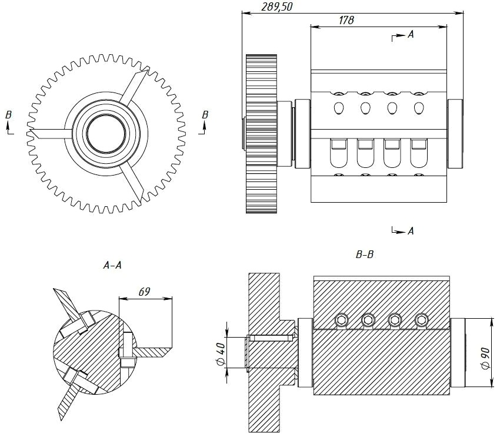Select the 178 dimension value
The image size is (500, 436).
346,20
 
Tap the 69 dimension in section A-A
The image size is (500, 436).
144,292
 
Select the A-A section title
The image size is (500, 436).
112,266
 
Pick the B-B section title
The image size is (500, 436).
365,255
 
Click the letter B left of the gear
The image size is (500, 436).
8,114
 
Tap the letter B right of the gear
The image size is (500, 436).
204,114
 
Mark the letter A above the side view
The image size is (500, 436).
411,35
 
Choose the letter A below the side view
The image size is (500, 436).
411,231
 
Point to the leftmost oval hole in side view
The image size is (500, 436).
339,108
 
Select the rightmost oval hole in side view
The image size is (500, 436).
419,108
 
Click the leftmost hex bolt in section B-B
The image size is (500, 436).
342,320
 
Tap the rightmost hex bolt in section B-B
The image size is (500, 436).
421,320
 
